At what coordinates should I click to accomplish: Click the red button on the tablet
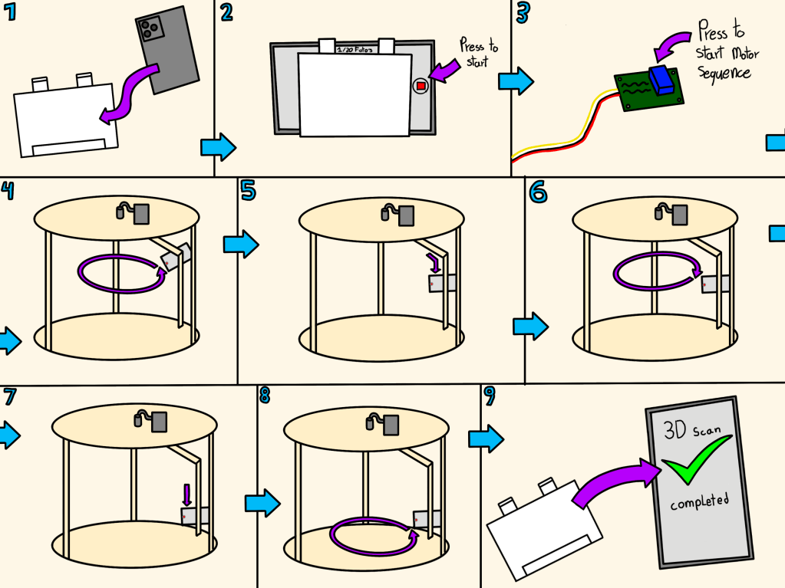click(x=421, y=86)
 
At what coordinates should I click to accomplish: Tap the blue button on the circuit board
click(x=661, y=80)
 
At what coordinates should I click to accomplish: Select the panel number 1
click(x=10, y=12)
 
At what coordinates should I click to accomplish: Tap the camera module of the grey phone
click(x=150, y=30)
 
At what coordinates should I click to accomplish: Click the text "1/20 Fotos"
click(x=355, y=48)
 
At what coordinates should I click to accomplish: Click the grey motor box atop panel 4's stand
click(x=142, y=213)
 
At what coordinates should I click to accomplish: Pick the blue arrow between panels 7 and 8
click(x=262, y=504)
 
